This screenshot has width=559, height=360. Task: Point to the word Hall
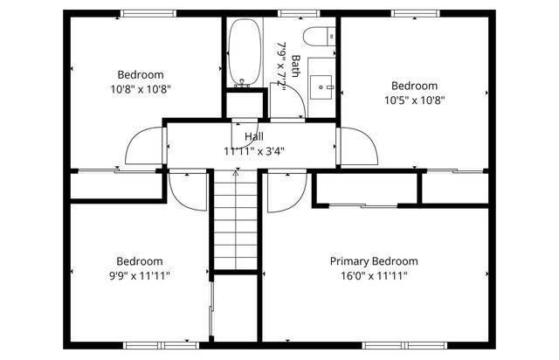tap(254, 137)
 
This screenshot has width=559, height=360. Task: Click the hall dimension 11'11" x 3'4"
tap(254, 150)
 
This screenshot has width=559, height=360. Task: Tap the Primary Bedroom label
tap(373, 261)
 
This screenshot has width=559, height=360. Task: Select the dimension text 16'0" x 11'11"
tap(373, 275)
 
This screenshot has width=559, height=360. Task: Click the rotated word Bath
tap(296, 67)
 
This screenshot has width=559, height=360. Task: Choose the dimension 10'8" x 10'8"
tap(140, 88)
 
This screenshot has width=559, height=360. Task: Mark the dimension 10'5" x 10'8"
tap(413, 100)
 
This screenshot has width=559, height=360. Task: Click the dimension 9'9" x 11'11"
tap(140, 275)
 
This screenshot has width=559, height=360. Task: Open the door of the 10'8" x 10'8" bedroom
tap(145, 145)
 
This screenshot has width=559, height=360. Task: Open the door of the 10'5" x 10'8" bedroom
tap(358, 146)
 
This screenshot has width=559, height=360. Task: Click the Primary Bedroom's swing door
tap(284, 193)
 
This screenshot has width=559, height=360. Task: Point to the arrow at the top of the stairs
tap(235, 175)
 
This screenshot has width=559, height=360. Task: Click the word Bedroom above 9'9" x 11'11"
tap(140, 261)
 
